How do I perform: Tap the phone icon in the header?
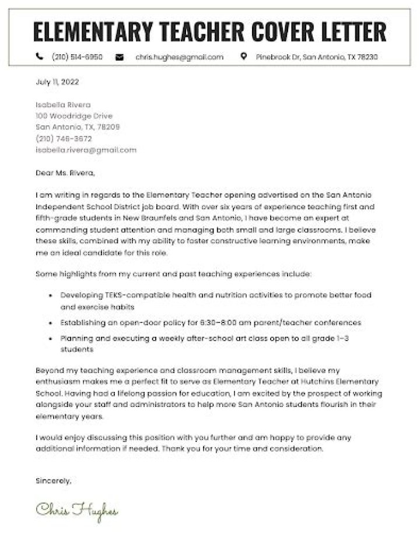(39, 57)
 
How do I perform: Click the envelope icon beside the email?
(120, 57)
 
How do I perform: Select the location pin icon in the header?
(243, 57)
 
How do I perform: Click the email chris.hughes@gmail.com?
(179, 57)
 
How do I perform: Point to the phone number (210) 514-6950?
(78, 57)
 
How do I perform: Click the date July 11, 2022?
(57, 82)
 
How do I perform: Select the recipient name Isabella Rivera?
(63, 105)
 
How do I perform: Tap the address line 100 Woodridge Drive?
(74, 116)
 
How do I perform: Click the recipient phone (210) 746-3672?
(64, 139)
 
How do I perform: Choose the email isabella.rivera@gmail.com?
(86, 150)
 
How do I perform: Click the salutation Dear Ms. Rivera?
(64, 173)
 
